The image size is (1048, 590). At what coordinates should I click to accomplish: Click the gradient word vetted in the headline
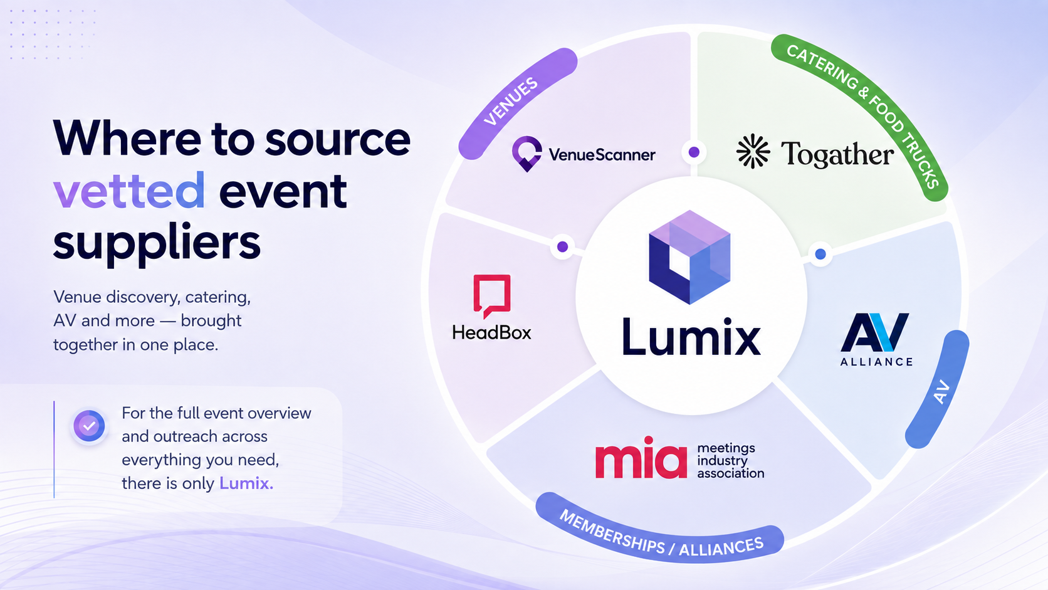(129, 191)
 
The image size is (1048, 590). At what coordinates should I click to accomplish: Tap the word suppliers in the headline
(157, 243)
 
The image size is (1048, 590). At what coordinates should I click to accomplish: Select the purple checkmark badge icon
(89, 426)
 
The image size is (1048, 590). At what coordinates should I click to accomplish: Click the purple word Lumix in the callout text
(246, 483)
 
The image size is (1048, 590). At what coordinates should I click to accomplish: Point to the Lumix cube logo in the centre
(689, 257)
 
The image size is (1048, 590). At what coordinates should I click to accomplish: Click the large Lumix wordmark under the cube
(691, 337)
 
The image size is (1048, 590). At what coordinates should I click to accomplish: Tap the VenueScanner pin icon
(527, 154)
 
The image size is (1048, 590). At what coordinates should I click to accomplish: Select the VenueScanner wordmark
(602, 155)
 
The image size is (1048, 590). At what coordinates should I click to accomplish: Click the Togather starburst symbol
(753, 150)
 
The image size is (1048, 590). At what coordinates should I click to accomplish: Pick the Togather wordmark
(837, 154)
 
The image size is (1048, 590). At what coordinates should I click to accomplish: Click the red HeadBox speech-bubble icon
(491, 296)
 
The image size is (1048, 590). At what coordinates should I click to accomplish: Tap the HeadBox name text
(491, 333)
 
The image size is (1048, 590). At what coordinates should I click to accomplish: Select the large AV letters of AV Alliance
(875, 332)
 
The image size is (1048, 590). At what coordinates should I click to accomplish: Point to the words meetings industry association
(730, 461)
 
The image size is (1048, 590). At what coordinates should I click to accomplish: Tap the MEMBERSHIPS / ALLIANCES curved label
(659, 534)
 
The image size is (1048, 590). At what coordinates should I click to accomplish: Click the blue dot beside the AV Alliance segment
(820, 254)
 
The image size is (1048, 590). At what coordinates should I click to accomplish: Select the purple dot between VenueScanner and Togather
(694, 152)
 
